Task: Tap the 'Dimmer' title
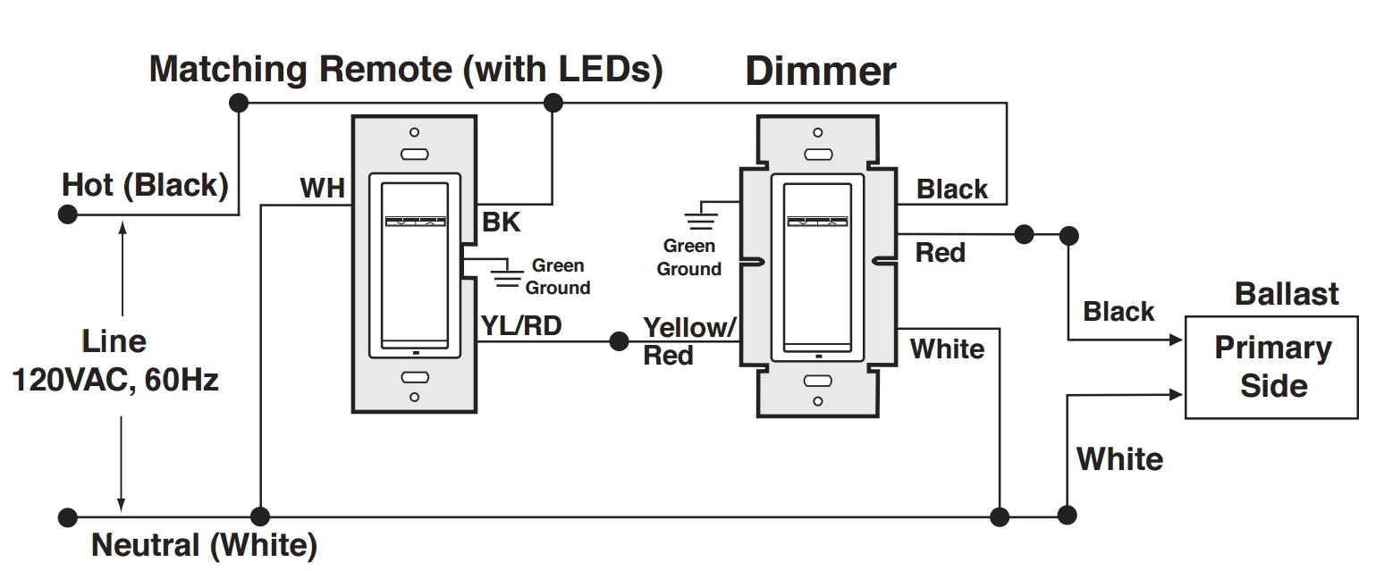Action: (820, 71)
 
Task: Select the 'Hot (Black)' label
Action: (145, 186)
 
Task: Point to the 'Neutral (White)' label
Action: (204, 545)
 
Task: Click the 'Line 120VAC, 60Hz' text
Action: (114, 361)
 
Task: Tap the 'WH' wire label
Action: (322, 189)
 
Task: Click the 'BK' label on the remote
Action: (501, 223)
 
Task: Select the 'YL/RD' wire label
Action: (521, 326)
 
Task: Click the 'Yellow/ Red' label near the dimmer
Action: (688, 340)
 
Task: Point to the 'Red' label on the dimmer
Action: (940, 253)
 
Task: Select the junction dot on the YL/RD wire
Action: (618, 341)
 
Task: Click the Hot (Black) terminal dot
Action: (66, 214)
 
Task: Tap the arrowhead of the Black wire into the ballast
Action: (1177, 340)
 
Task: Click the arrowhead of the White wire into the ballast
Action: (1177, 393)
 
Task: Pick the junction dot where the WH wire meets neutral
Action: (260, 516)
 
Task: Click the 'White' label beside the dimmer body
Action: (947, 348)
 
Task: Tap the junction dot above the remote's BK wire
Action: (553, 103)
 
